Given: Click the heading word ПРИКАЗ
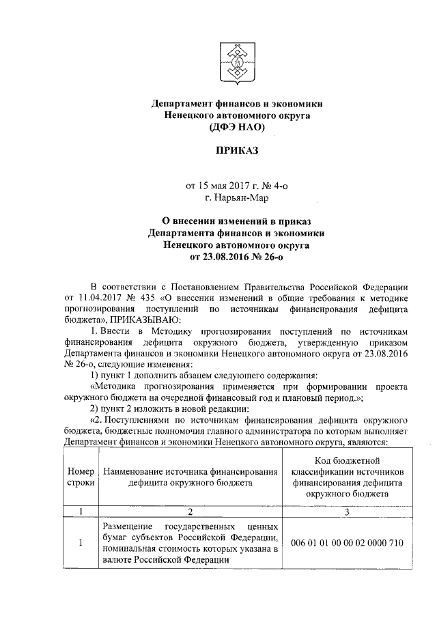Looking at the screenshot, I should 236,150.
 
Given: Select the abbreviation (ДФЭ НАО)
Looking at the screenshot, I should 236,126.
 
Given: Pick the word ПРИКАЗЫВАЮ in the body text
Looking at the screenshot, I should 143,319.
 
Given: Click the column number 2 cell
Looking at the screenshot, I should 191,511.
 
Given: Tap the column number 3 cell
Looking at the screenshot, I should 348,511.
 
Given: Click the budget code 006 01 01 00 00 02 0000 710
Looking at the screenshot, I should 348,544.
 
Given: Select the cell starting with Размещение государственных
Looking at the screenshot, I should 191,544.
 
